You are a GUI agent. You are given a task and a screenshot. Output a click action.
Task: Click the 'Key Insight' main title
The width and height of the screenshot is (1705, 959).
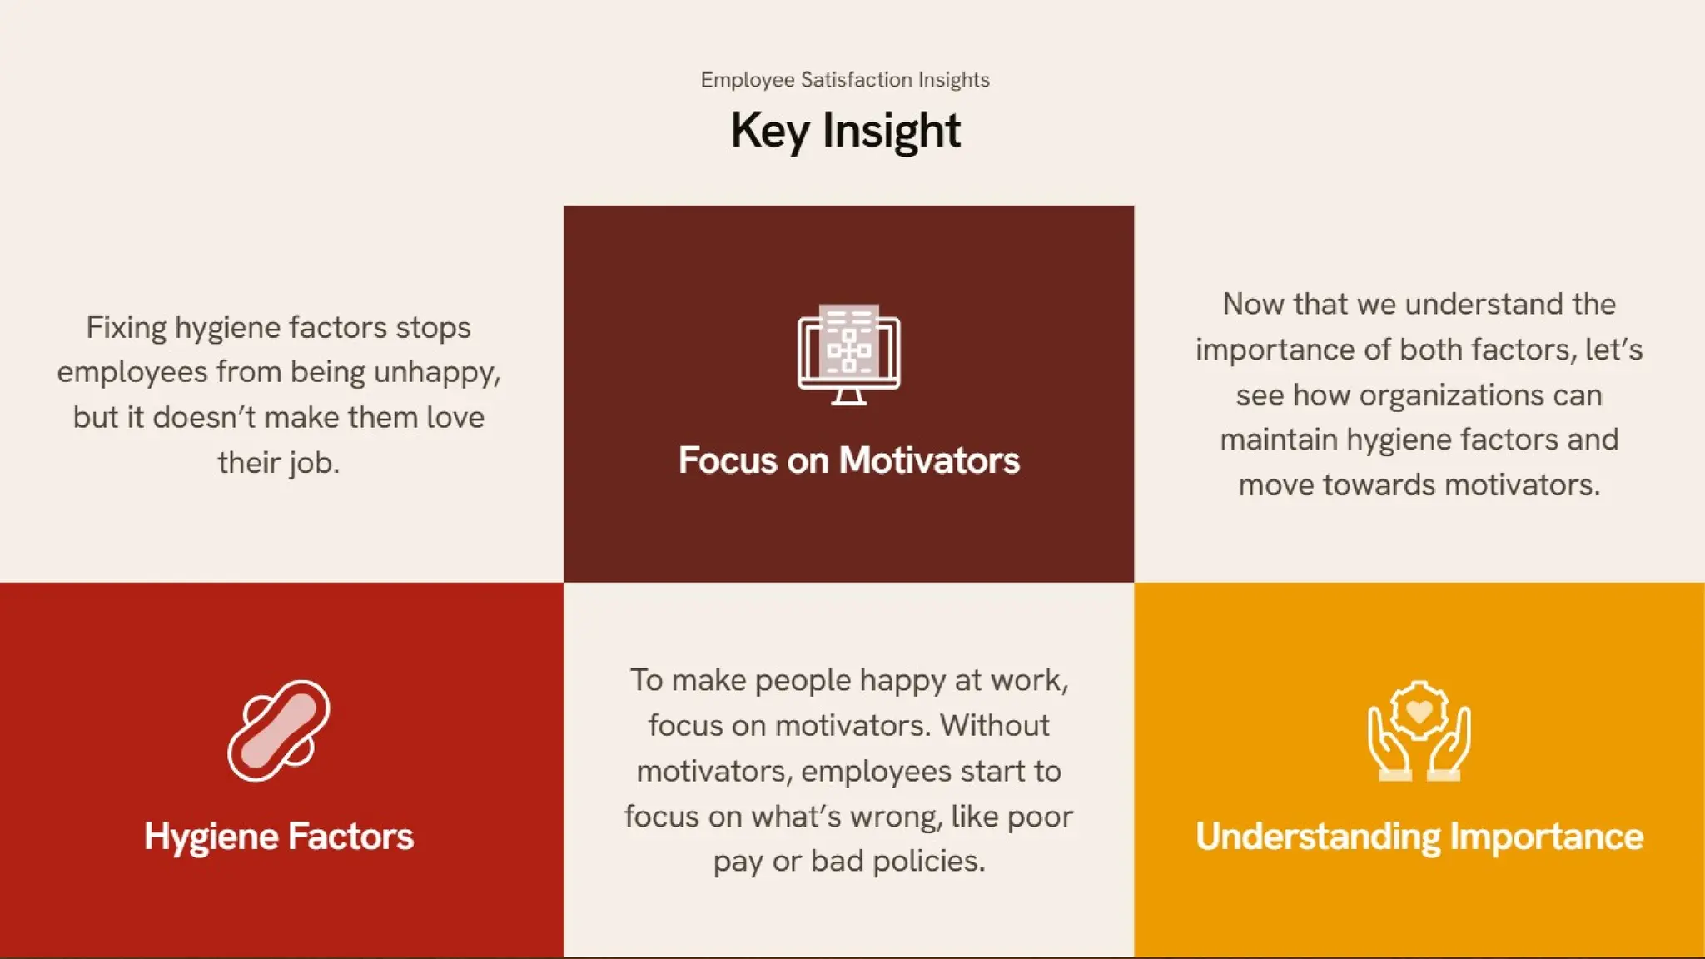tap(845, 131)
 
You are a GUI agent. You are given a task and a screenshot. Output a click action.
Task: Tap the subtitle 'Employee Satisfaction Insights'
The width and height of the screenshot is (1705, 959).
tap(845, 80)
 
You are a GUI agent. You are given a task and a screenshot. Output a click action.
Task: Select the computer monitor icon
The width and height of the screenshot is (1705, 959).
tap(848, 355)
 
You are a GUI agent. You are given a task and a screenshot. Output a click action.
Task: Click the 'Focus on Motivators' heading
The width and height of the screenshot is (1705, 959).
tap(848, 460)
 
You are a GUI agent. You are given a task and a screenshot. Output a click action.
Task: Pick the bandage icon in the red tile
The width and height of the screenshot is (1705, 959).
tap(279, 731)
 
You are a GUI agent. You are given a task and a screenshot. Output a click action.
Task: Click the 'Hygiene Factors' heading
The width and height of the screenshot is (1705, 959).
tap(279, 837)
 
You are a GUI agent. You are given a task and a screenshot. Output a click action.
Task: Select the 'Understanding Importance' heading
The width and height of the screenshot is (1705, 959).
tap(1419, 837)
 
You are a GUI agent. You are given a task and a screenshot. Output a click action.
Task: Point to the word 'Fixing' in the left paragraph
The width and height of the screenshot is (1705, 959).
tap(126, 327)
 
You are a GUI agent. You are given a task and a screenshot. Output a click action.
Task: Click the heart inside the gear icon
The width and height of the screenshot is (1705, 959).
tap(1419, 711)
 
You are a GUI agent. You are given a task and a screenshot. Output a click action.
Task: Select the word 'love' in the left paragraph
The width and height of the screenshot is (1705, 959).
tap(455, 418)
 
